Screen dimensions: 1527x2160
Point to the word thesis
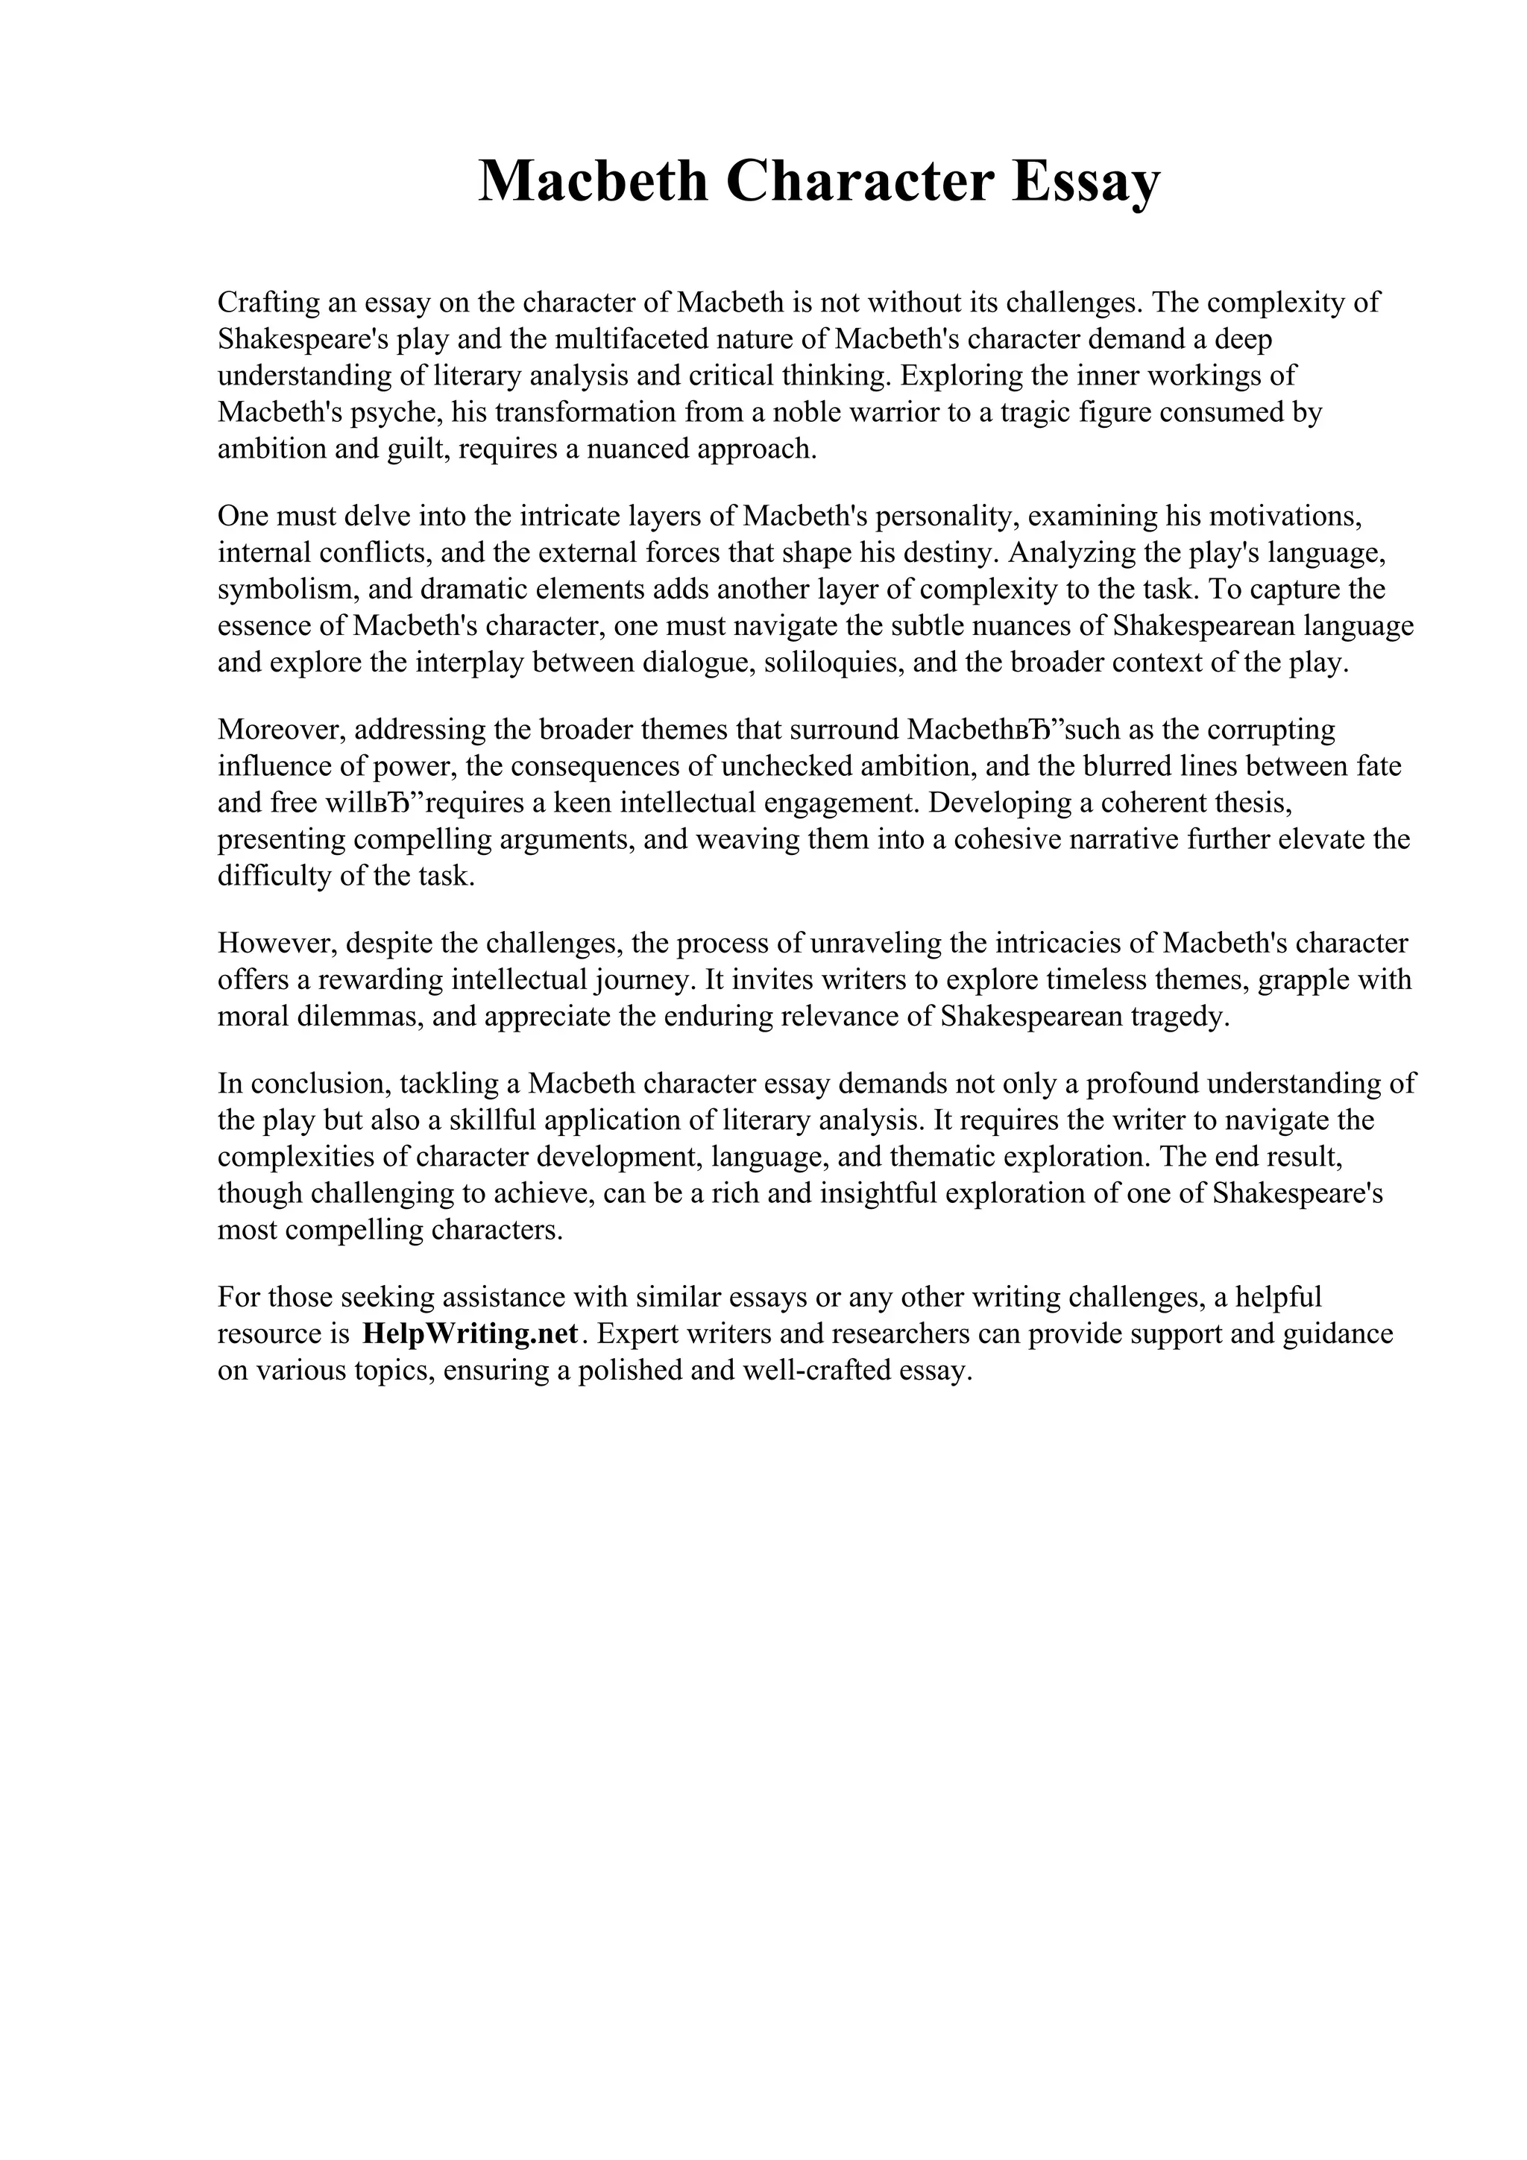(1235, 803)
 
